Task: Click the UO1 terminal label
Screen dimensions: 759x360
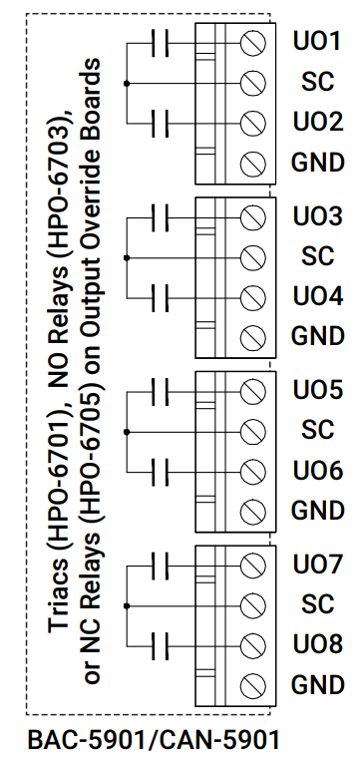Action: pos(317,43)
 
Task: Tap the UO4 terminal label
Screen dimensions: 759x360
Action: pos(317,297)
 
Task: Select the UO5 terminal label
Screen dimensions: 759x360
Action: pos(317,391)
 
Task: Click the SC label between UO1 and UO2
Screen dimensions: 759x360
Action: pos(317,83)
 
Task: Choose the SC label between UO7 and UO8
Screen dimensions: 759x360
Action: pos(317,605)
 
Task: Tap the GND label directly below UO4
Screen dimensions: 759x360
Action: pos(317,336)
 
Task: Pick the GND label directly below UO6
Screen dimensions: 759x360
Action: pos(317,511)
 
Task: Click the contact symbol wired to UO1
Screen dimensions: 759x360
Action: pos(159,43)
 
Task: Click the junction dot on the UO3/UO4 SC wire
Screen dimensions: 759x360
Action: pos(125,257)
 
